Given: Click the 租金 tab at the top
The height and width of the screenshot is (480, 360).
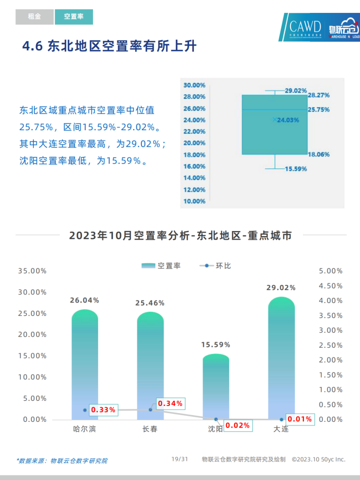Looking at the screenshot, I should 34,17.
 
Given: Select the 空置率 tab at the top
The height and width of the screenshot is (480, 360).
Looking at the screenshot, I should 74,17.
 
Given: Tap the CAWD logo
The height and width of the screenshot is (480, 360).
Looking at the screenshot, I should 304,28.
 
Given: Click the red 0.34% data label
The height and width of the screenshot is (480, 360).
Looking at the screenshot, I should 170,403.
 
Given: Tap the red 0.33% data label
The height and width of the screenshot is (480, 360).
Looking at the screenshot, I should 103,410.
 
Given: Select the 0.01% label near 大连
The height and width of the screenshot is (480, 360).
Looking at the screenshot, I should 300,419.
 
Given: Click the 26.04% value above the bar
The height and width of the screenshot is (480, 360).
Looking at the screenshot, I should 85,300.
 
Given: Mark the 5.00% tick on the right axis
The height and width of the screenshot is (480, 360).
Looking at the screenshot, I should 331,271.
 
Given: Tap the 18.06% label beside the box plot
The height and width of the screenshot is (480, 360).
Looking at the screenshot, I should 318,154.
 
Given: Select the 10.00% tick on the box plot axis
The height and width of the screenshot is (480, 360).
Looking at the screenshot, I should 194,201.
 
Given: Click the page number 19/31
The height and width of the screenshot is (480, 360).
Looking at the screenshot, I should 180,459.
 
